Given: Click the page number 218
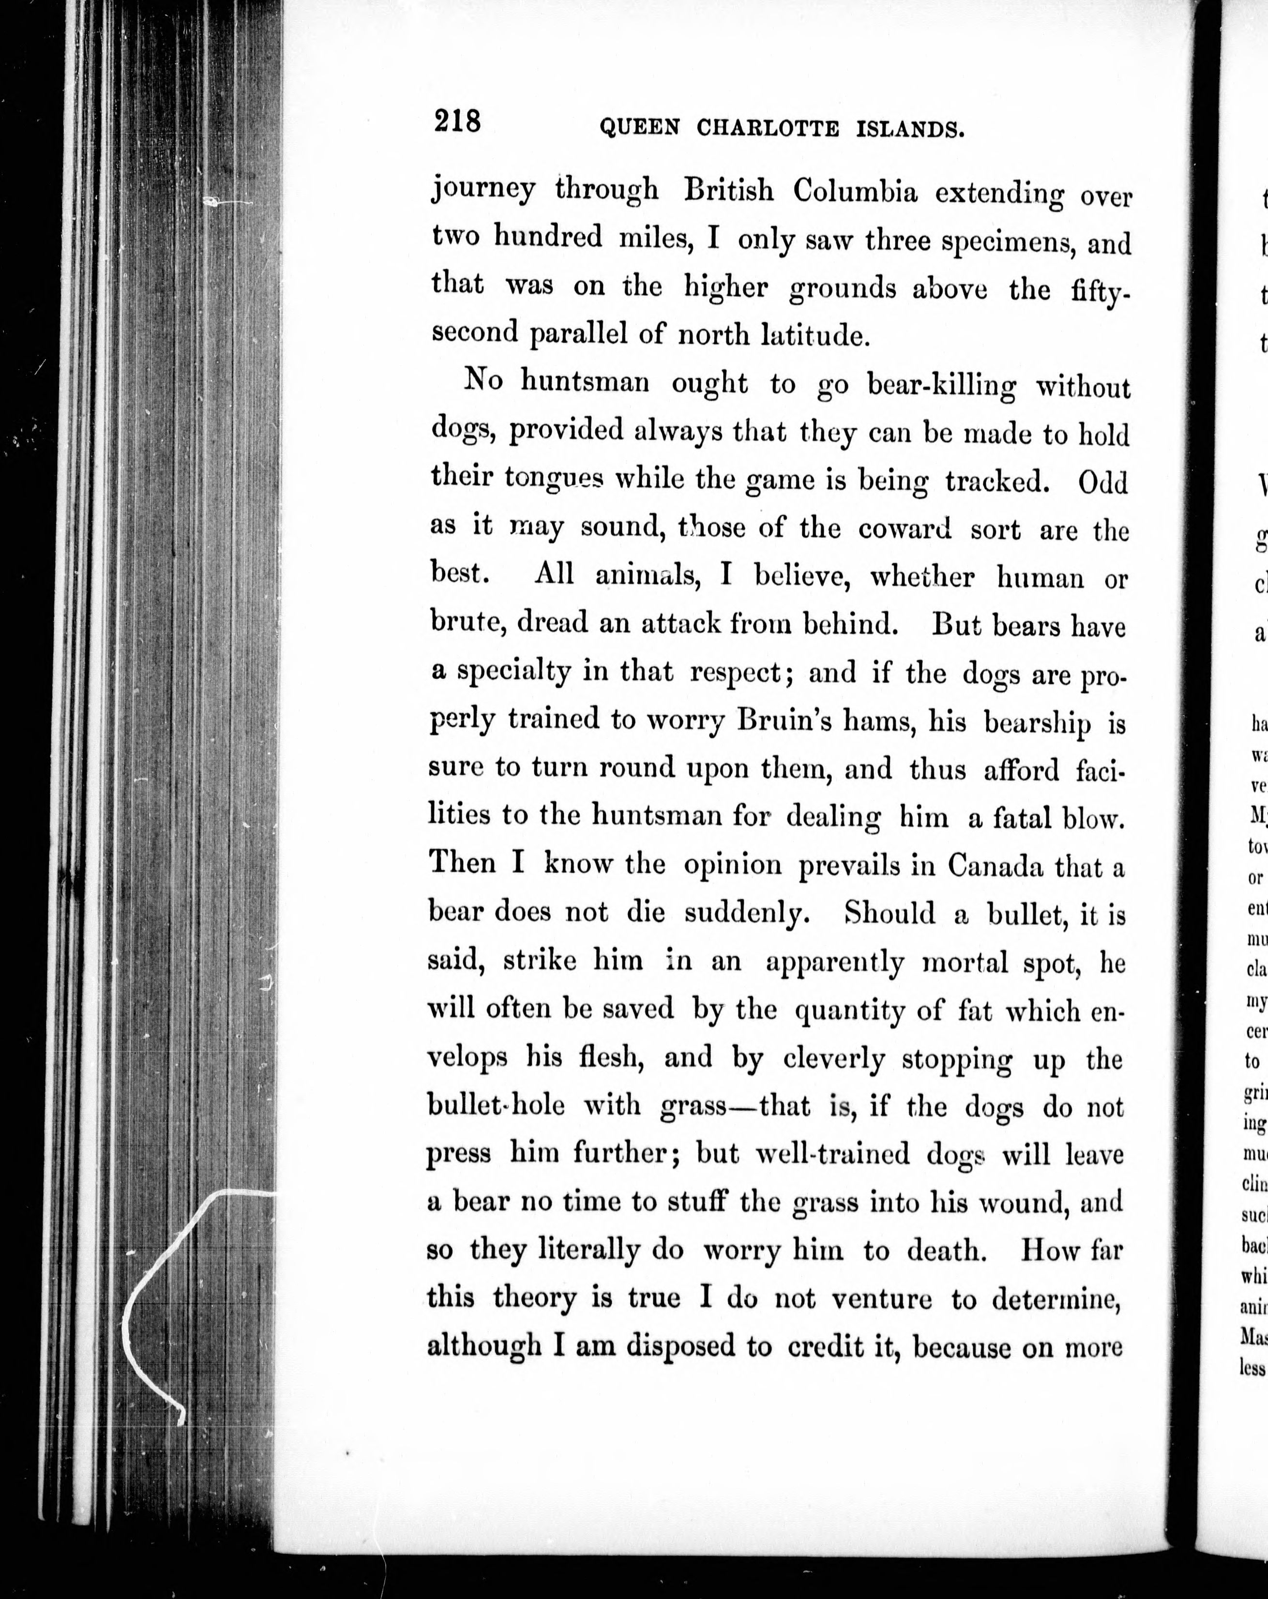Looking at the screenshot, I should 457,121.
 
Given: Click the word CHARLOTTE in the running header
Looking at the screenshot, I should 768,129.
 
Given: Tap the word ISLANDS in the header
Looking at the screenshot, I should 910,131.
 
